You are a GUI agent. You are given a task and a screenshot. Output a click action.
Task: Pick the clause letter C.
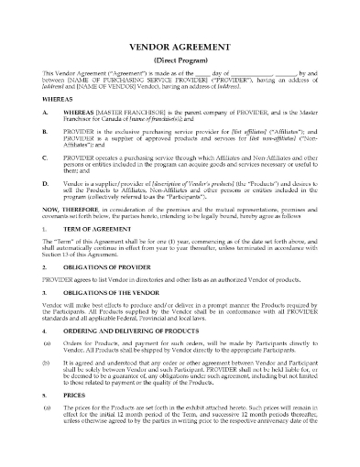(45, 170)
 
